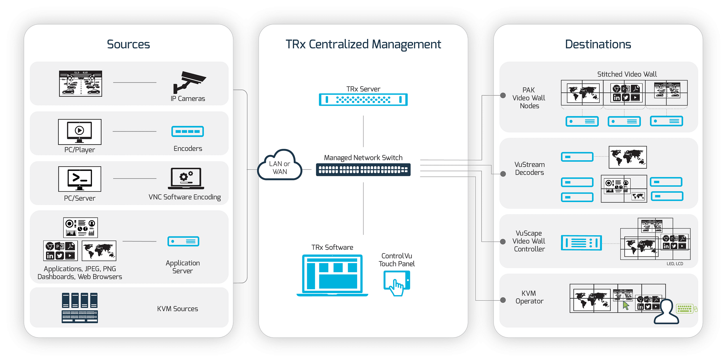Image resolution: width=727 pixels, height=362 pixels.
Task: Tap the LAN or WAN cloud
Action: [280, 166]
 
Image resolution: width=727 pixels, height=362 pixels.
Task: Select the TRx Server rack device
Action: [363, 100]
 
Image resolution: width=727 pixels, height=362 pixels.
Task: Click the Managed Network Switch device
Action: [363, 170]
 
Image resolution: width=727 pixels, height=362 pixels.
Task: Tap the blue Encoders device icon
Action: [188, 131]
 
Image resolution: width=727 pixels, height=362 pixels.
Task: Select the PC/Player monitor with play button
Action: [80, 132]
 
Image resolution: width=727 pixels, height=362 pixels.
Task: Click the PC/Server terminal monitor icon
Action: [80, 179]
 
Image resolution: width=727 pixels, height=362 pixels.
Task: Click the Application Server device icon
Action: [183, 241]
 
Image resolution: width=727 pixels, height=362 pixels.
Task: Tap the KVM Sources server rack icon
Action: [80, 308]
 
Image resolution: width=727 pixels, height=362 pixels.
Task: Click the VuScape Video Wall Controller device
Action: [581, 243]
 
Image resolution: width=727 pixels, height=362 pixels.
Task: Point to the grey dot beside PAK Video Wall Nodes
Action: [503, 95]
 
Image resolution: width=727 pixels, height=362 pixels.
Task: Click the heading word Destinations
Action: [598, 44]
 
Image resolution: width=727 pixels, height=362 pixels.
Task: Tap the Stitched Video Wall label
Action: [627, 74]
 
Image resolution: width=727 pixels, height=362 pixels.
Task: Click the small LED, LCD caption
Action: [675, 264]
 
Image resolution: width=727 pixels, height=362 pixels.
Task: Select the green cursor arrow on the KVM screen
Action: [626, 306]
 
